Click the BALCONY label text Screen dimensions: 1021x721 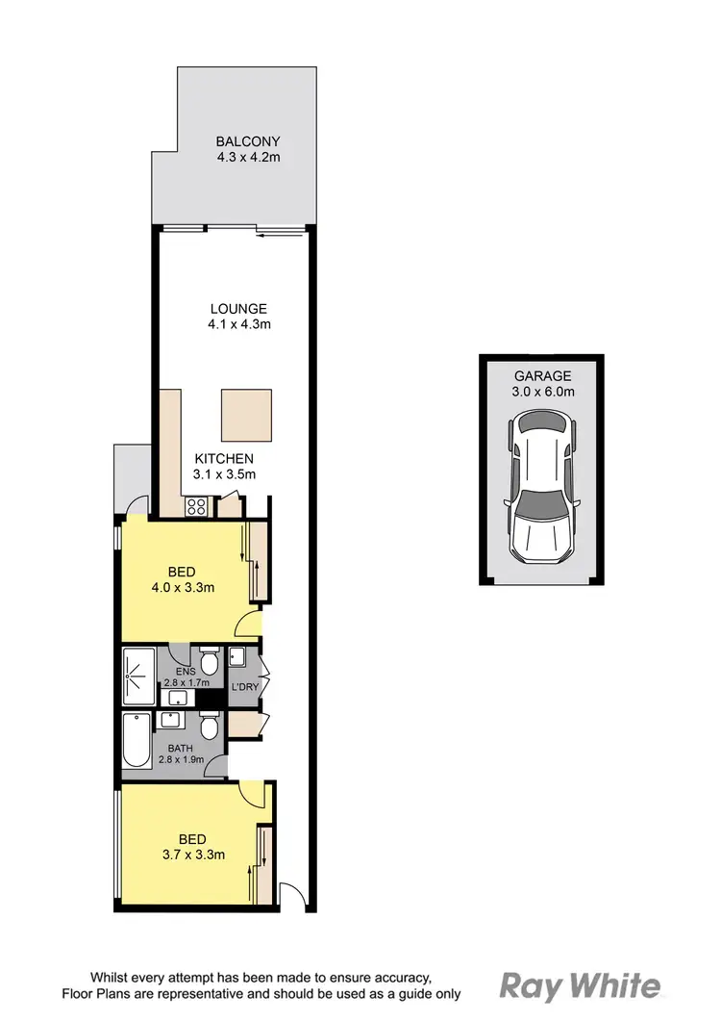tap(248, 141)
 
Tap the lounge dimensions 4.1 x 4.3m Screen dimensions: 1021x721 tap(239, 325)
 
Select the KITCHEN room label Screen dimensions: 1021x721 tap(224, 459)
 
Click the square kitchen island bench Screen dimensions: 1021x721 tap(247, 414)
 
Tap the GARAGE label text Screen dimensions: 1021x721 tap(542, 376)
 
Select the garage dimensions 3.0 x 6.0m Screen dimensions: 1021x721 tap(542, 392)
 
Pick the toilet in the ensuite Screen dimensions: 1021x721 tap(210, 660)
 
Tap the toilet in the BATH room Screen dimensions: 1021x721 tap(210, 727)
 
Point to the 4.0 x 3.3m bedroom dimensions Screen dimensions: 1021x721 tap(182, 587)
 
